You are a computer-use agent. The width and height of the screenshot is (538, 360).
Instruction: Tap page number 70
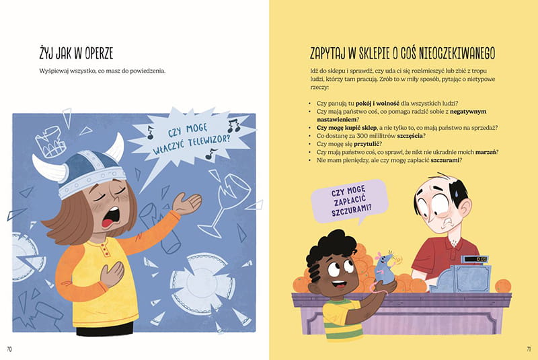click(x=9, y=349)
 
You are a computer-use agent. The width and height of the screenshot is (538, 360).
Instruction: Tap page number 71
click(x=529, y=349)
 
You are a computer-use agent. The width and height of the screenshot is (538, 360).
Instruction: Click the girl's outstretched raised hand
click(x=186, y=203)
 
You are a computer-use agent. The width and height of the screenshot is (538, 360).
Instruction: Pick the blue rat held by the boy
click(x=385, y=268)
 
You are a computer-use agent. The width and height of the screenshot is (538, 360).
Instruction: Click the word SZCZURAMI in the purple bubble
click(x=352, y=210)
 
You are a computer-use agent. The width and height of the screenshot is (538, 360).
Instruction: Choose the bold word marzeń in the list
click(x=486, y=152)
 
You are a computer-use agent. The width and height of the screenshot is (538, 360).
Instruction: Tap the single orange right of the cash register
click(x=502, y=285)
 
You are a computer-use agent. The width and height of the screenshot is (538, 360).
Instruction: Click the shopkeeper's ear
click(x=464, y=209)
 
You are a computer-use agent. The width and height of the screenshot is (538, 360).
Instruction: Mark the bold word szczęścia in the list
click(x=410, y=136)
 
